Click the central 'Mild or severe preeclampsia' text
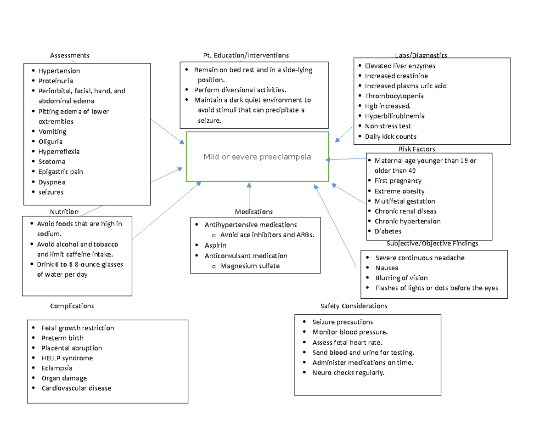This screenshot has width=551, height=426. [257, 157]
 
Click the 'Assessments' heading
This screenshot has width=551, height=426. [69, 56]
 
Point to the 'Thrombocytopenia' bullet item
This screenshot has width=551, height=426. [394, 96]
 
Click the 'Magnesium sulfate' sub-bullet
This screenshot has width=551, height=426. [249, 266]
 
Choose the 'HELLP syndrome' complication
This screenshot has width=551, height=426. [67, 358]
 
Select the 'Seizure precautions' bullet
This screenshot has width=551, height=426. [343, 322]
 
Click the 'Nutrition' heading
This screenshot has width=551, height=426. [64, 212]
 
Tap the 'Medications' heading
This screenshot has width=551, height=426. [253, 212]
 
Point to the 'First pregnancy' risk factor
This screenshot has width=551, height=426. [398, 181]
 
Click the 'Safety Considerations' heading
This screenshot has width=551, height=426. [354, 306]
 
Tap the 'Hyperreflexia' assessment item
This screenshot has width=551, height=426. [59, 152]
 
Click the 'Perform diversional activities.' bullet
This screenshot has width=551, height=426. [240, 90]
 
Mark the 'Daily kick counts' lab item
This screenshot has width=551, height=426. [390, 136]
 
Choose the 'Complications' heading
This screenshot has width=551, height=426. [72, 306]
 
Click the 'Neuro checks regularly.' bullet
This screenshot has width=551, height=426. [348, 373]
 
